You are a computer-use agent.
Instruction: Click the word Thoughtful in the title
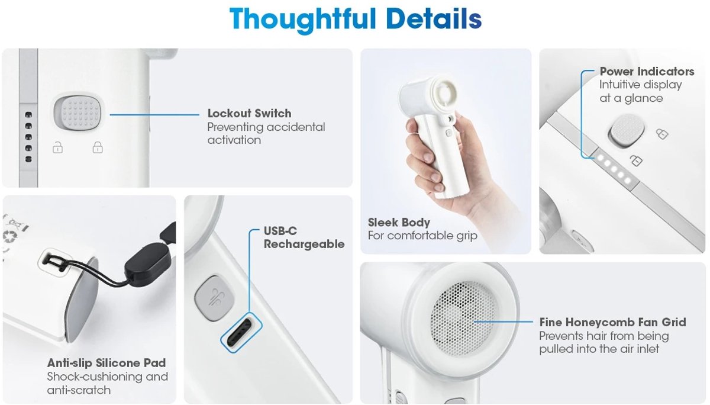pyautogui.click(x=303, y=20)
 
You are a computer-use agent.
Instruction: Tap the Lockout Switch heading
pyautogui.click(x=249, y=113)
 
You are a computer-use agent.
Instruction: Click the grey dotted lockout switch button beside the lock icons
pyautogui.click(x=79, y=113)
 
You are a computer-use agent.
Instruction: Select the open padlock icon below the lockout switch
pyautogui.click(x=57, y=147)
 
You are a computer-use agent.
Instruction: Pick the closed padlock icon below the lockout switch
pyautogui.click(x=97, y=147)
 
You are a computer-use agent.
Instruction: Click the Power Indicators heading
pyautogui.click(x=647, y=72)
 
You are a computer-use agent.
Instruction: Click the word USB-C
pyautogui.click(x=280, y=231)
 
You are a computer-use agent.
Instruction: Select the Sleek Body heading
pyautogui.click(x=399, y=222)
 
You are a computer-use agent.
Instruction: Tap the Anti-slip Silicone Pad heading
pyautogui.click(x=106, y=363)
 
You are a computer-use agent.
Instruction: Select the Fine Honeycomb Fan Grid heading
pyautogui.click(x=612, y=322)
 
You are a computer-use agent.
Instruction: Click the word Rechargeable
pyautogui.click(x=304, y=244)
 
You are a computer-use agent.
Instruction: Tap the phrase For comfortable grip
pyautogui.click(x=422, y=236)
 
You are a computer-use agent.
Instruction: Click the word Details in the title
pyautogui.click(x=434, y=18)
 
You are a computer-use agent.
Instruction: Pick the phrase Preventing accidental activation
pyautogui.click(x=266, y=134)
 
